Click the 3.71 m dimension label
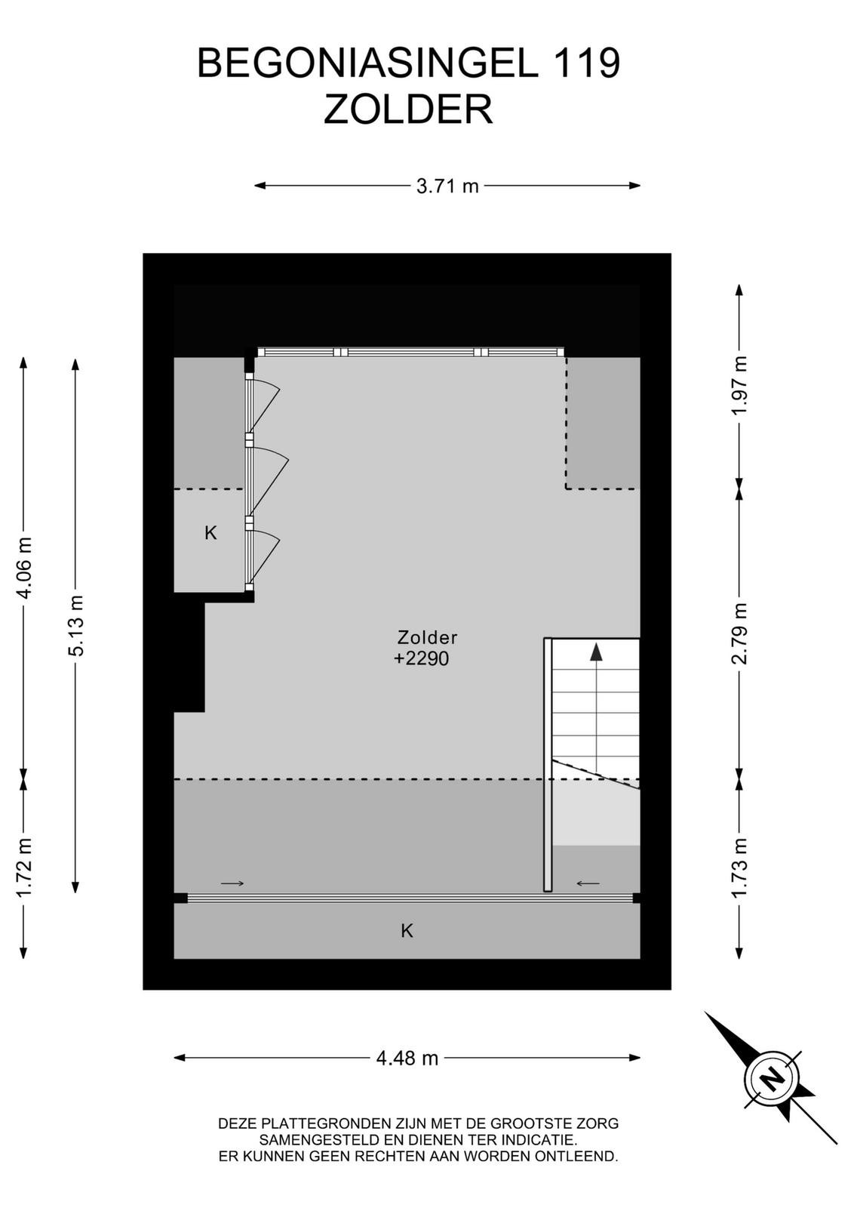point(447,186)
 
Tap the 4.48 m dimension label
point(407,1059)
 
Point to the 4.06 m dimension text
point(25,567)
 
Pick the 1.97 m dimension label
point(741,385)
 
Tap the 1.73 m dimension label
point(741,867)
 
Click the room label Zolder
point(427,637)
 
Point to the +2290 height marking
point(422,658)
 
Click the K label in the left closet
point(210,533)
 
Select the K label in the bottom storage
point(407,931)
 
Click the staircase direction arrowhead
point(596,652)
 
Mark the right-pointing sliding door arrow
point(232,883)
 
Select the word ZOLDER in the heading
point(408,109)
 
